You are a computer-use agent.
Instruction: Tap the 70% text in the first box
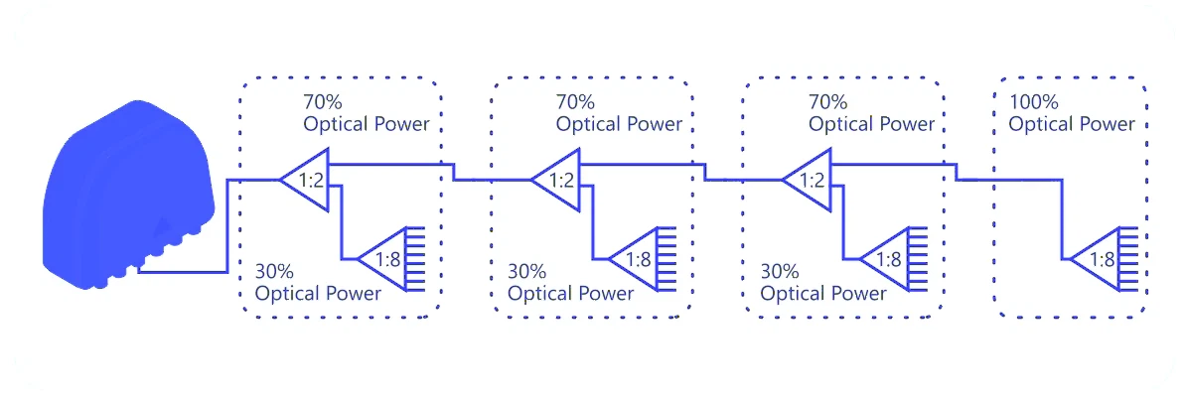tap(323, 102)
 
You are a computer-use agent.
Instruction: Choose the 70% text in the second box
tap(575, 102)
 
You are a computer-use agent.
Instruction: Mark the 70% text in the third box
tap(827, 102)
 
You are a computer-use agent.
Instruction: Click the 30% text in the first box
tap(275, 271)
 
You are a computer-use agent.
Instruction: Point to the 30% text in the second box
tap(527, 271)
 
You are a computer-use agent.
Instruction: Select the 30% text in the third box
tap(780, 271)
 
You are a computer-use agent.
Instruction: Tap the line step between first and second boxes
tap(454, 172)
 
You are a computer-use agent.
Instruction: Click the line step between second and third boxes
tap(705, 172)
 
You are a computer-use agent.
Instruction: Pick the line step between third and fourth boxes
tap(957, 172)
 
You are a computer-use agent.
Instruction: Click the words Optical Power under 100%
tap(1072, 125)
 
